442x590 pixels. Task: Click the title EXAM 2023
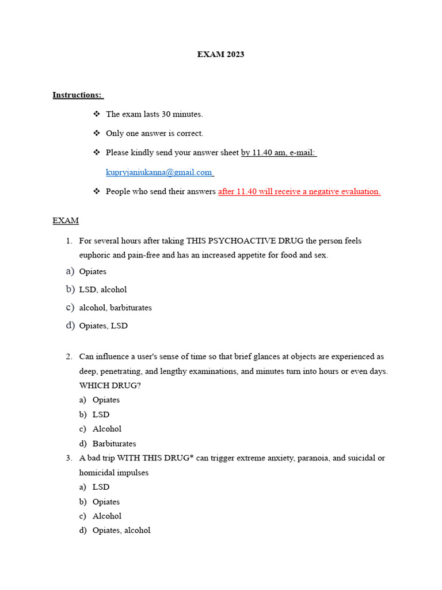pos(220,54)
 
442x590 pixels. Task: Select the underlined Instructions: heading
pos(77,94)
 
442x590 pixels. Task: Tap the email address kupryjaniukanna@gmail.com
pos(159,172)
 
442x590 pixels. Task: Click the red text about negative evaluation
pos(299,191)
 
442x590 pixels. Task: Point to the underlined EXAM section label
pos(66,220)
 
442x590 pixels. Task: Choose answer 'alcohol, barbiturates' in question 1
pos(115,308)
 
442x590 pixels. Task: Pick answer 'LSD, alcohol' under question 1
pos(102,289)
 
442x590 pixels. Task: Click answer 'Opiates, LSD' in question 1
pos(103,326)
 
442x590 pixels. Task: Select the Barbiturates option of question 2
pos(114,444)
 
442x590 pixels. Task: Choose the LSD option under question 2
pos(101,414)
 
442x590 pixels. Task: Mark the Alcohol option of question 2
pos(106,429)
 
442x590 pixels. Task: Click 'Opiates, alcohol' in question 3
pos(121,530)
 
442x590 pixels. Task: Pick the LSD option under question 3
pos(101,487)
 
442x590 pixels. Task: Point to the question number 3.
pos(68,458)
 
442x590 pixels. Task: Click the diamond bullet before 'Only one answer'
pos(97,133)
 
